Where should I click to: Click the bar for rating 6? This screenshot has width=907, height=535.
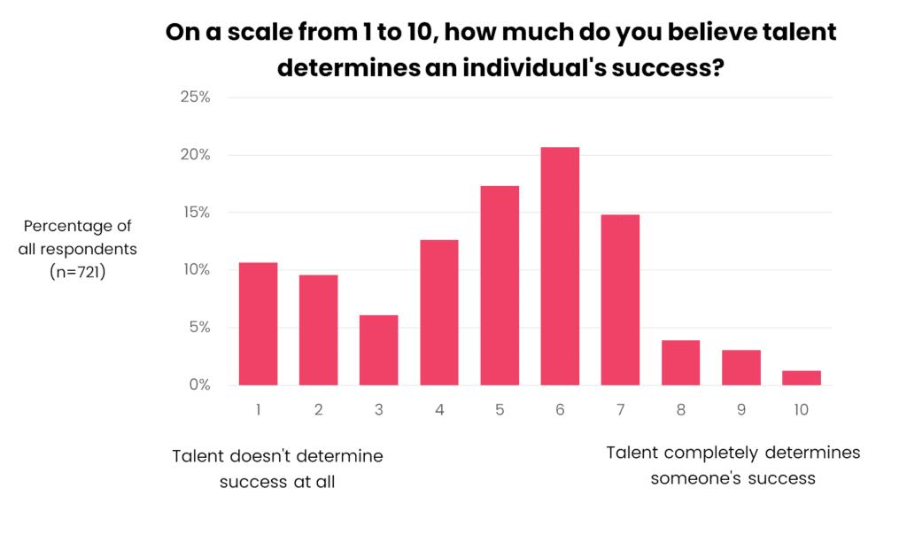coord(560,266)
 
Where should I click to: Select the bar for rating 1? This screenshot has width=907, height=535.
coord(258,323)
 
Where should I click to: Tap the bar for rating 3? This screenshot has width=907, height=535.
coord(378,350)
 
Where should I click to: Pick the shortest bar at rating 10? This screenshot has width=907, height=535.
coord(801,378)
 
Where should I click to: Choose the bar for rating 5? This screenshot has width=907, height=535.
coord(500,285)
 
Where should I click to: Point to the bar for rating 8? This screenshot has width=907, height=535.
coord(680,362)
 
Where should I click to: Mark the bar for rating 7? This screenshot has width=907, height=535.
coord(620,299)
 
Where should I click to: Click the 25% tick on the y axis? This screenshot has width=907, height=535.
coord(195,97)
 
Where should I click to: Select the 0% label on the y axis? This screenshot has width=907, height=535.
coord(198,385)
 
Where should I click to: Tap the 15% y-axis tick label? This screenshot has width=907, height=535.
coord(195,213)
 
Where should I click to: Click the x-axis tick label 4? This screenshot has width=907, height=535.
coord(439,410)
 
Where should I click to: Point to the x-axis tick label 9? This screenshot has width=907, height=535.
coord(740,410)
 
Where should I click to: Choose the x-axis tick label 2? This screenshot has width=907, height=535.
coord(318,410)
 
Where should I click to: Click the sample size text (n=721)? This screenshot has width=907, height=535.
coord(78,274)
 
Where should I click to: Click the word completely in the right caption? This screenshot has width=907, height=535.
coord(711,454)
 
